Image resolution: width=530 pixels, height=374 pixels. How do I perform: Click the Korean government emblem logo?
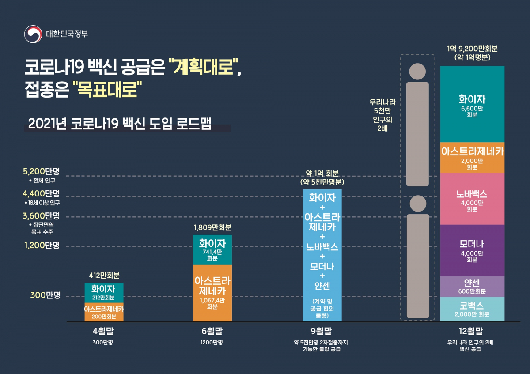click(33, 34)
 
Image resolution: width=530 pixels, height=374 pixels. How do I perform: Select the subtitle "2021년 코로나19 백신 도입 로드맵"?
click(119, 124)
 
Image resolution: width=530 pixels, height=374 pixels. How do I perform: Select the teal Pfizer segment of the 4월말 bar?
click(104, 292)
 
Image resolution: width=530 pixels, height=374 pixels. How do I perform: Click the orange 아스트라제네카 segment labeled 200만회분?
click(104, 312)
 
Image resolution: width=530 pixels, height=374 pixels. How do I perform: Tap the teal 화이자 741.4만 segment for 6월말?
click(212, 250)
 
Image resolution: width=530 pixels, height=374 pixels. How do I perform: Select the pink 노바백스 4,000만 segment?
click(472, 199)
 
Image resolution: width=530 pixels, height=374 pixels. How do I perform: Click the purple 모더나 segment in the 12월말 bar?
click(472, 250)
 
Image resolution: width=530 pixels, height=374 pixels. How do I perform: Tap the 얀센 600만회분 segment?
click(472, 286)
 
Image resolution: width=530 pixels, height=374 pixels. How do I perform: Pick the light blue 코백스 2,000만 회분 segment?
click(472, 309)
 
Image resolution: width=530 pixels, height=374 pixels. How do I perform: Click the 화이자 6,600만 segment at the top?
click(472, 104)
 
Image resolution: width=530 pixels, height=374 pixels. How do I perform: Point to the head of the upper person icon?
click(417, 71)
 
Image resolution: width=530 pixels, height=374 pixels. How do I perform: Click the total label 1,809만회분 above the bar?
click(212, 228)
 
